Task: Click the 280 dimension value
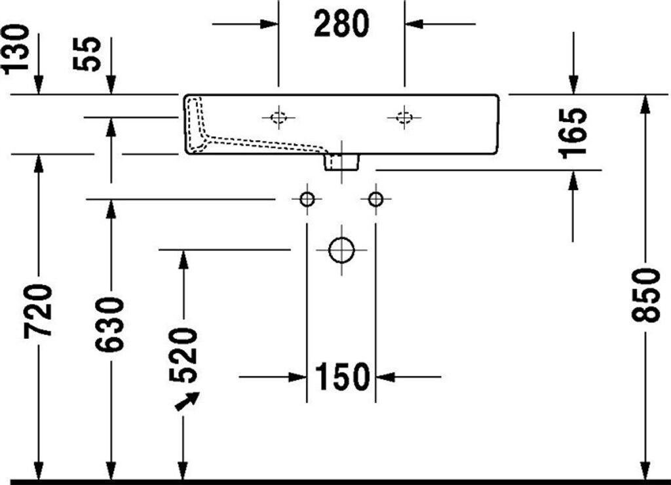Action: coord(341,24)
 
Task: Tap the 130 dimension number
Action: coord(16,49)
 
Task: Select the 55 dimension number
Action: coord(87,54)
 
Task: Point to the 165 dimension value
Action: coord(573,133)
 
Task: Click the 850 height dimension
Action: coord(645,296)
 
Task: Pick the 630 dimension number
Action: coord(109,324)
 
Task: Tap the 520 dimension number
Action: coord(183,355)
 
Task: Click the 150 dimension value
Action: coord(341,377)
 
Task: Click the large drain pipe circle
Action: coord(341,250)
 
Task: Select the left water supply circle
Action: coord(307,199)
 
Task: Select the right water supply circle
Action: coord(375,199)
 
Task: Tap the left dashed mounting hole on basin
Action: coord(278,117)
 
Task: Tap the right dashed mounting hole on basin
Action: coord(404,117)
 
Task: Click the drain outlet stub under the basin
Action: coord(341,163)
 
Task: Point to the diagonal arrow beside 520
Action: coord(187,401)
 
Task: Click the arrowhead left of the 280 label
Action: coord(269,24)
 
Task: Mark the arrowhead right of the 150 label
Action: coord(385,377)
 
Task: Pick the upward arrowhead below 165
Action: coord(573,180)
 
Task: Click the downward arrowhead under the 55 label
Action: coord(111,85)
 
